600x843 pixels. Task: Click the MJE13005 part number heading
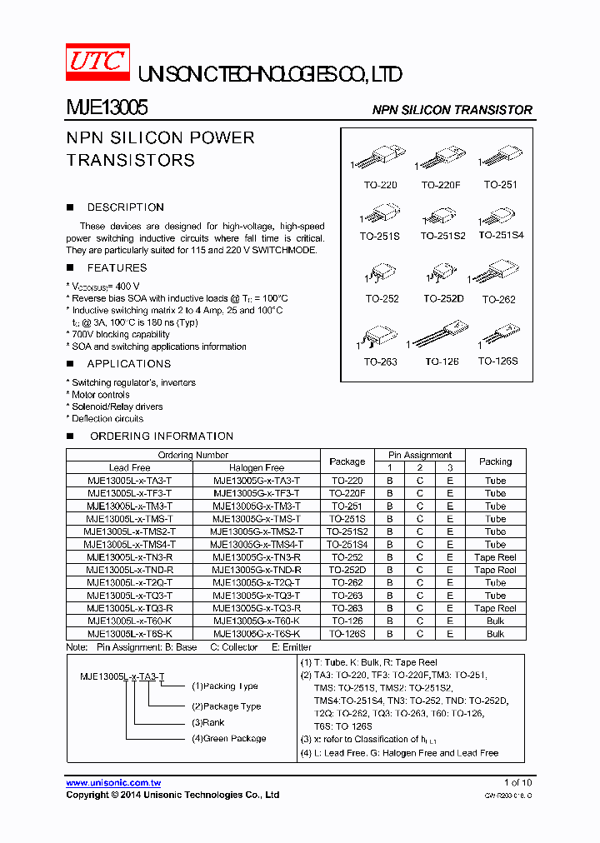[107, 108]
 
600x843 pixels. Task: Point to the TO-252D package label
[442, 298]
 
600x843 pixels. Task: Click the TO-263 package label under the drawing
[380, 362]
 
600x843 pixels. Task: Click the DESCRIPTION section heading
[125, 207]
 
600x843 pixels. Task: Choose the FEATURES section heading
[117, 268]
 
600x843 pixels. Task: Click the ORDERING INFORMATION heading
[161, 436]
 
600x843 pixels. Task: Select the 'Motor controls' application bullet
[100, 395]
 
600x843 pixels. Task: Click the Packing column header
[495, 461]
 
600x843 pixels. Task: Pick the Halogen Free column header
[257, 467]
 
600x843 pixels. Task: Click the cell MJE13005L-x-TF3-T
[129, 493]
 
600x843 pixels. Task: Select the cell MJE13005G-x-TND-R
[257, 570]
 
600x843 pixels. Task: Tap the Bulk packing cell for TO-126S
[495, 634]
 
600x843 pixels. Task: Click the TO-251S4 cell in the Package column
[347, 544]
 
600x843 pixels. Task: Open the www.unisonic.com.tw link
[113, 783]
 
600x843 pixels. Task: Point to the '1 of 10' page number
[517, 783]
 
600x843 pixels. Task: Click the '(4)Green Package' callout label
[229, 738]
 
